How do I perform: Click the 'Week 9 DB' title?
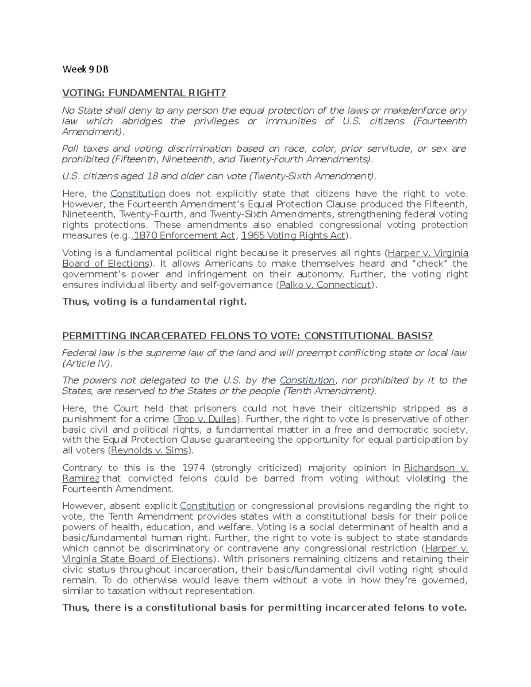point(85,69)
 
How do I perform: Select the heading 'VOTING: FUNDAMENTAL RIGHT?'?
point(144,93)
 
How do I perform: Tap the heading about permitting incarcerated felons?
point(247,336)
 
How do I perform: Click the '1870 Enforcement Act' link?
point(184,236)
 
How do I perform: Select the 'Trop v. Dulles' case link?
point(206,419)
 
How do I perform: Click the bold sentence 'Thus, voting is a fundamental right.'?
point(154,302)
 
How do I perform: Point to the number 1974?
point(193,468)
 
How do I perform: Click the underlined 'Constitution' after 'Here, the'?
point(138,194)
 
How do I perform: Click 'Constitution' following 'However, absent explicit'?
point(207,506)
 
